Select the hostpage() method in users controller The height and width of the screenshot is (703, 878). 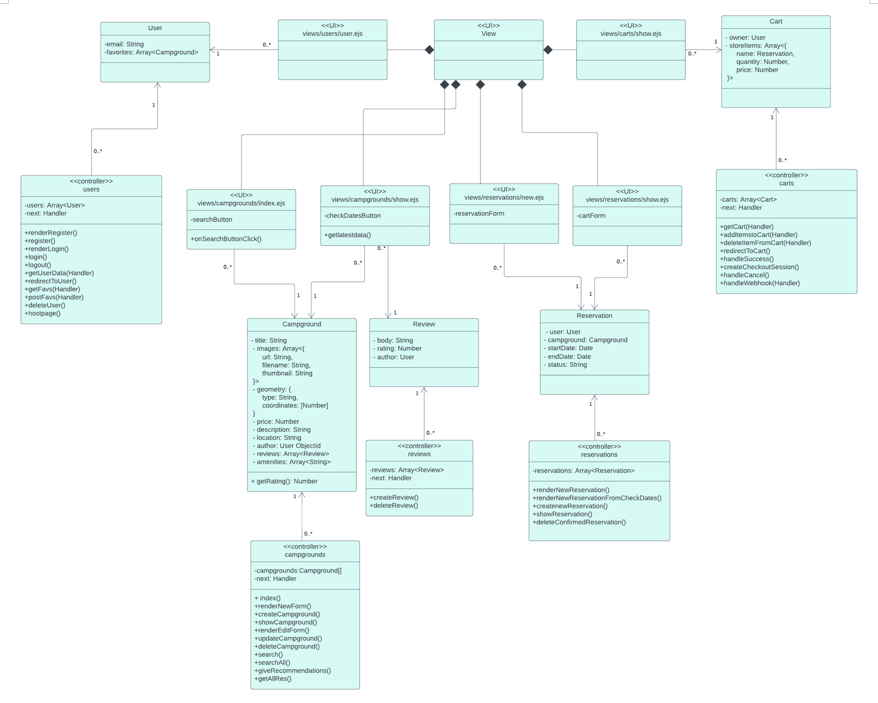point(43,313)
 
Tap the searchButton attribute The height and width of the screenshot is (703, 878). point(212,219)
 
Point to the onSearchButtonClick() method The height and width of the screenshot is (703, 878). point(226,239)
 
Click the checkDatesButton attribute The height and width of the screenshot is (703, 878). point(353,216)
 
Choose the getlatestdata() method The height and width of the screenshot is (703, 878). point(348,235)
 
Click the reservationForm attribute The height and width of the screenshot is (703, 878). point(479,213)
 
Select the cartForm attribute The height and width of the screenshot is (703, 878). point(591,216)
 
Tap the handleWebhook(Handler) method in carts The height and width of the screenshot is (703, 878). point(760,283)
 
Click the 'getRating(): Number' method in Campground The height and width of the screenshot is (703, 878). point(285,481)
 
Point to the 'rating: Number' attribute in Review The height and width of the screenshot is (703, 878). point(398,348)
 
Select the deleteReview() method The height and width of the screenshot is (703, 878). point(394,506)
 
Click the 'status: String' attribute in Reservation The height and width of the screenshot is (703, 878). point(566,364)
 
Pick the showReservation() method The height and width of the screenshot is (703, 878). point(563,514)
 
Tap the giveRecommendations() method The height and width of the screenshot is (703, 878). point(293,670)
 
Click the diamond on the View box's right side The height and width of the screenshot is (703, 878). point(548,50)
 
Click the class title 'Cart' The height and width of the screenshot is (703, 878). point(775,22)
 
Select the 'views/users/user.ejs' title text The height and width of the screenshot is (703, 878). point(333,34)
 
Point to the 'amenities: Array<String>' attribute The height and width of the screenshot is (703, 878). point(292,462)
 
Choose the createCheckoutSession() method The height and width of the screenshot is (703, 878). point(759,267)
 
